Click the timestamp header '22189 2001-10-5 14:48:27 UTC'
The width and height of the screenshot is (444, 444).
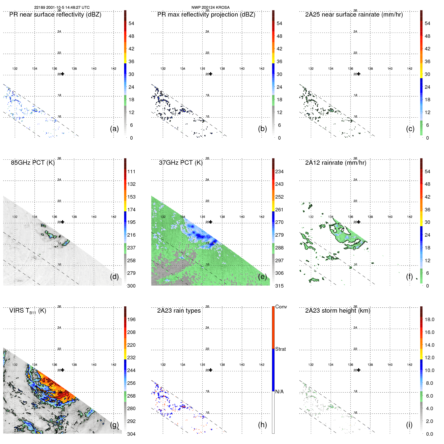(x=62, y=8)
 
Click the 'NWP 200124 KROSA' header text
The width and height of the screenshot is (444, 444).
(x=210, y=8)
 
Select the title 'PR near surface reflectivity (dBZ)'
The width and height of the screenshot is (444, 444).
(x=55, y=15)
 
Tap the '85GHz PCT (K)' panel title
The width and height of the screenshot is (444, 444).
(x=33, y=163)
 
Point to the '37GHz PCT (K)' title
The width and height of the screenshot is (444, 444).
(x=181, y=163)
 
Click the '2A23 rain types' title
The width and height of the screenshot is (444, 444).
(x=179, y=311)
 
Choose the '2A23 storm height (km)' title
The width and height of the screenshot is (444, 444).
(x=337, y=311)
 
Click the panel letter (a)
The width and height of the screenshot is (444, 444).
(x=114, y=129)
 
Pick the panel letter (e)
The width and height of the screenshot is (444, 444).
(x=262, y=277)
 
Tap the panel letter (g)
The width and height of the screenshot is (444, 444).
(x=114, y=425)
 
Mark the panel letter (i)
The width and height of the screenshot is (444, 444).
(x=409, y=425)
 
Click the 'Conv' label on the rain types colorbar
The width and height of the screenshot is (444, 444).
(x=281, y=307)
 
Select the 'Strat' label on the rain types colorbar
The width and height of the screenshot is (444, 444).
(x=280, y=349)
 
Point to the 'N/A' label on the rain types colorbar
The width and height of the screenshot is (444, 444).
(x=279, y=392)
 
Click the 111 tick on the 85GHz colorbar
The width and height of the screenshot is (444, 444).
(x=131, y=172)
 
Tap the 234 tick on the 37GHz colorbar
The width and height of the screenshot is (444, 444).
(x=279, y=172)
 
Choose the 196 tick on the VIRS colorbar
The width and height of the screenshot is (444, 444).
(x=131, y=320)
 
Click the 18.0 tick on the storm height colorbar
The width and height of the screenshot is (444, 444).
(x=429, y=320)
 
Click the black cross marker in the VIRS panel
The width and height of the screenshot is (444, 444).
(x=63, y=370)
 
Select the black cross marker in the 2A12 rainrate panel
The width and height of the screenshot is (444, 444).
(x=359, y=222)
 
